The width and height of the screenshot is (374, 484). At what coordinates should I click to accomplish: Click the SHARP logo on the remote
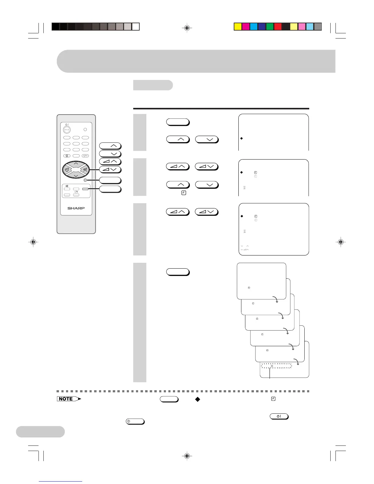coord(76,208)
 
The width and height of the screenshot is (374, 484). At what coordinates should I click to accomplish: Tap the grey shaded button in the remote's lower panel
coord(85,189)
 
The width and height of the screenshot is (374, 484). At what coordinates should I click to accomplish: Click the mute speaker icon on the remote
coord(67,186)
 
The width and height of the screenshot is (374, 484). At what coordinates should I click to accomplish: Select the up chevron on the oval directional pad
coord(76,164)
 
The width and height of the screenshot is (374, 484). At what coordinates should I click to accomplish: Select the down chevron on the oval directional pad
coord(76,176)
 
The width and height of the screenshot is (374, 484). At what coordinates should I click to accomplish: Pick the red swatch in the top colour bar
coord(278,27)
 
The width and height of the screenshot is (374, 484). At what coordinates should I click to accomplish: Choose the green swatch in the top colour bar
coord(270,27)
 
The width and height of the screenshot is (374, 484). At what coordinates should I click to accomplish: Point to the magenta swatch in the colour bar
coord(246,27)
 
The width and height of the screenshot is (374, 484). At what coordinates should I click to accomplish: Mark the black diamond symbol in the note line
coord(198,399)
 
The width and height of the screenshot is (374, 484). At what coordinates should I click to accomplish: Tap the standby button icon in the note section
coord(279,416)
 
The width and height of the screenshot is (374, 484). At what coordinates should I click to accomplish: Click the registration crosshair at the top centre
coord(187,28)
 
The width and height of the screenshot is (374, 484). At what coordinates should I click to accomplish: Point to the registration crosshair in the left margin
coord(33,242)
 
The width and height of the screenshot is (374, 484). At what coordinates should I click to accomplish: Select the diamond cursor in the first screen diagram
coord(241,138)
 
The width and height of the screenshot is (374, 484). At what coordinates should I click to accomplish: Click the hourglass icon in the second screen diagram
coord(244,187)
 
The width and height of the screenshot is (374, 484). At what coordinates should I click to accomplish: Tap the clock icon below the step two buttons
coord(184,193)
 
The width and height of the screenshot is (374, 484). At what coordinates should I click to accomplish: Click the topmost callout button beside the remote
coord(110,146)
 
